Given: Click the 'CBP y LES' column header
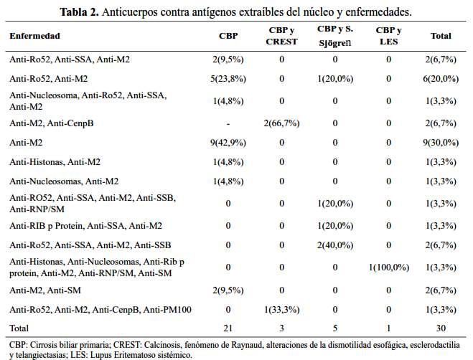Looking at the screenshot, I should tap(389, 36).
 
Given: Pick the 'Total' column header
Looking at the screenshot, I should tap(440, 35).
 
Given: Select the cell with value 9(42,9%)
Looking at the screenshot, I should tap(229, 143).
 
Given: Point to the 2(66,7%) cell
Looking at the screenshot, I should tap(281, 123).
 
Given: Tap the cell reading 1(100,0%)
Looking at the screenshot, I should tap(389, 267).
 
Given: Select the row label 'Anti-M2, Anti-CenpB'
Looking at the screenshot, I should tap(52, 123).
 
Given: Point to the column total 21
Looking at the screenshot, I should tap(229, 328).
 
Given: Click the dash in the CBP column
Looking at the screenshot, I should tap(229, 123).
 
